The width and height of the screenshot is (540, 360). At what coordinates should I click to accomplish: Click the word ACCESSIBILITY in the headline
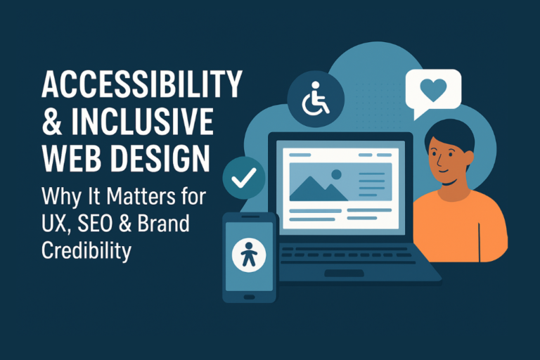pos(141,86)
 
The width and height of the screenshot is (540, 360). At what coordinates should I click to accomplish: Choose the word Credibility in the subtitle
pos(86,251)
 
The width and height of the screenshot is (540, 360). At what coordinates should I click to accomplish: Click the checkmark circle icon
pos(243,179)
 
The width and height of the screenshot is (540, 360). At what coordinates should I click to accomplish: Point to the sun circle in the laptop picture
pos(336,174)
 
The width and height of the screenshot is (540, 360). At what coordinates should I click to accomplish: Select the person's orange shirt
pos(461,225)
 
